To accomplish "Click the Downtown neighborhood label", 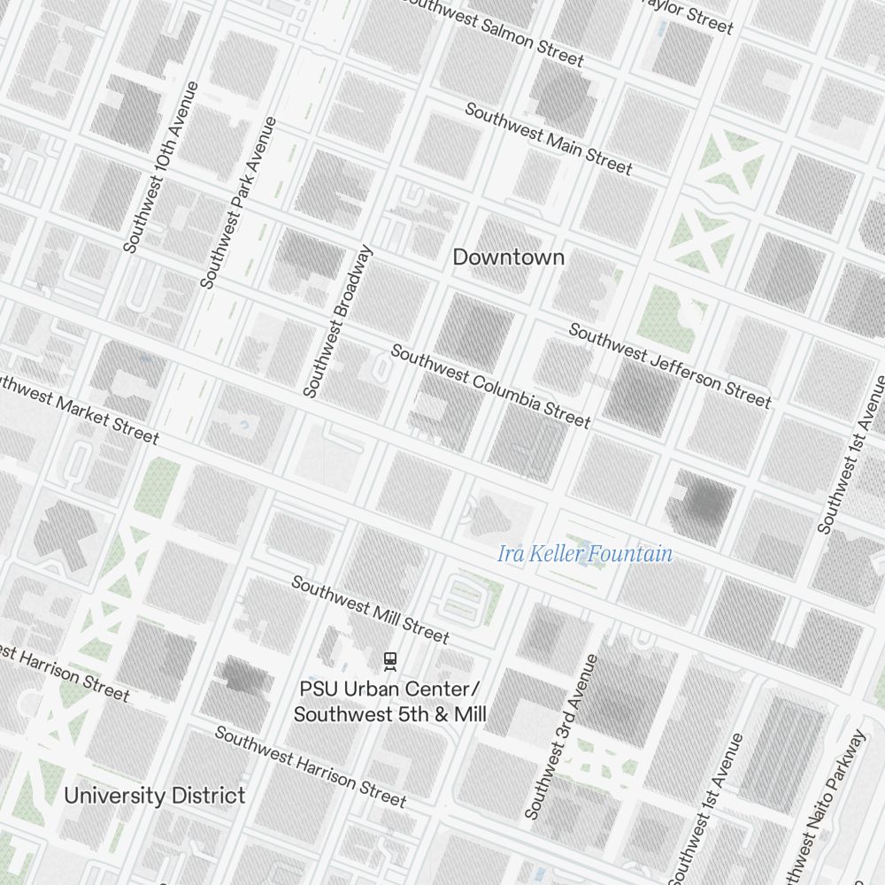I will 508,258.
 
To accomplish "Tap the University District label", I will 154,795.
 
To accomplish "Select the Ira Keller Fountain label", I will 585,555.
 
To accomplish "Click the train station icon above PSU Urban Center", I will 389,660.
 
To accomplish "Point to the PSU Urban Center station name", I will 389,701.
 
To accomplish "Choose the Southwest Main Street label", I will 549,139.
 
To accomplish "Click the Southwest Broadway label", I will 338,321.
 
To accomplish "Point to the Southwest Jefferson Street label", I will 670,366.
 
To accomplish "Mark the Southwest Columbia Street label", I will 490,386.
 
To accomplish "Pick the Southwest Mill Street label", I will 370,610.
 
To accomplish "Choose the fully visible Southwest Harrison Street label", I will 310,767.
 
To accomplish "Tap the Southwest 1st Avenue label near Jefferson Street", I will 851,455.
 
